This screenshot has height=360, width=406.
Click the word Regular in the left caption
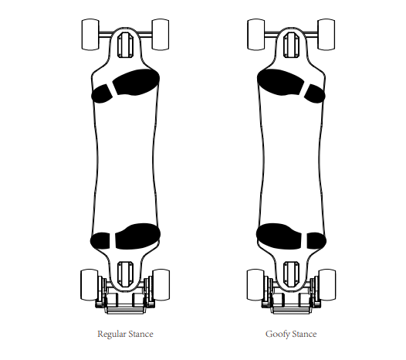[x=110, y=334]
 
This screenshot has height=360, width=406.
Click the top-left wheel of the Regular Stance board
[x=90, y=34]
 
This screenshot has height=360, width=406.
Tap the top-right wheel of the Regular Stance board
[x=161, y=34]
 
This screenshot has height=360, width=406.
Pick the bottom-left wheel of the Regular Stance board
[x=90, y=285]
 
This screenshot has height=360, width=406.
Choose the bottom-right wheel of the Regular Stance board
[x=161, y=285]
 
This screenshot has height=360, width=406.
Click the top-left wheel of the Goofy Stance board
[x=256, y=34]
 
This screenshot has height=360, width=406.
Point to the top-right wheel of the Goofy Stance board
[x=326, y=34]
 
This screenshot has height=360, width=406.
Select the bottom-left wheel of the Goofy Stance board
[x=255, y=285]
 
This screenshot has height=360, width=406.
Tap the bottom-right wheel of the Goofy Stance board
[x=327, y=285]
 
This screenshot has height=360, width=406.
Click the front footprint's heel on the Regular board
[x=102, y=93]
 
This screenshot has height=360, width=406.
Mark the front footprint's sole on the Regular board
[x=137, y=82]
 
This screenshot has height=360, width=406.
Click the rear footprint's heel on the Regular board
[x=100, y=241]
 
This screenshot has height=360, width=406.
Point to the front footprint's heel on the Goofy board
[x=314, y=93]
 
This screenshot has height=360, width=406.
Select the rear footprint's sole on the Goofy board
[x=279, y=236]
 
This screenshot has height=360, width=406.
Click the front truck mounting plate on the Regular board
[x=125, y=45]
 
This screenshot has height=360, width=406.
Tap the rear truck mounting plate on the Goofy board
[x=291, y=274]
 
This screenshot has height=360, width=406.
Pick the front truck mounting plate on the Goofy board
[x=291, y=45]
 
